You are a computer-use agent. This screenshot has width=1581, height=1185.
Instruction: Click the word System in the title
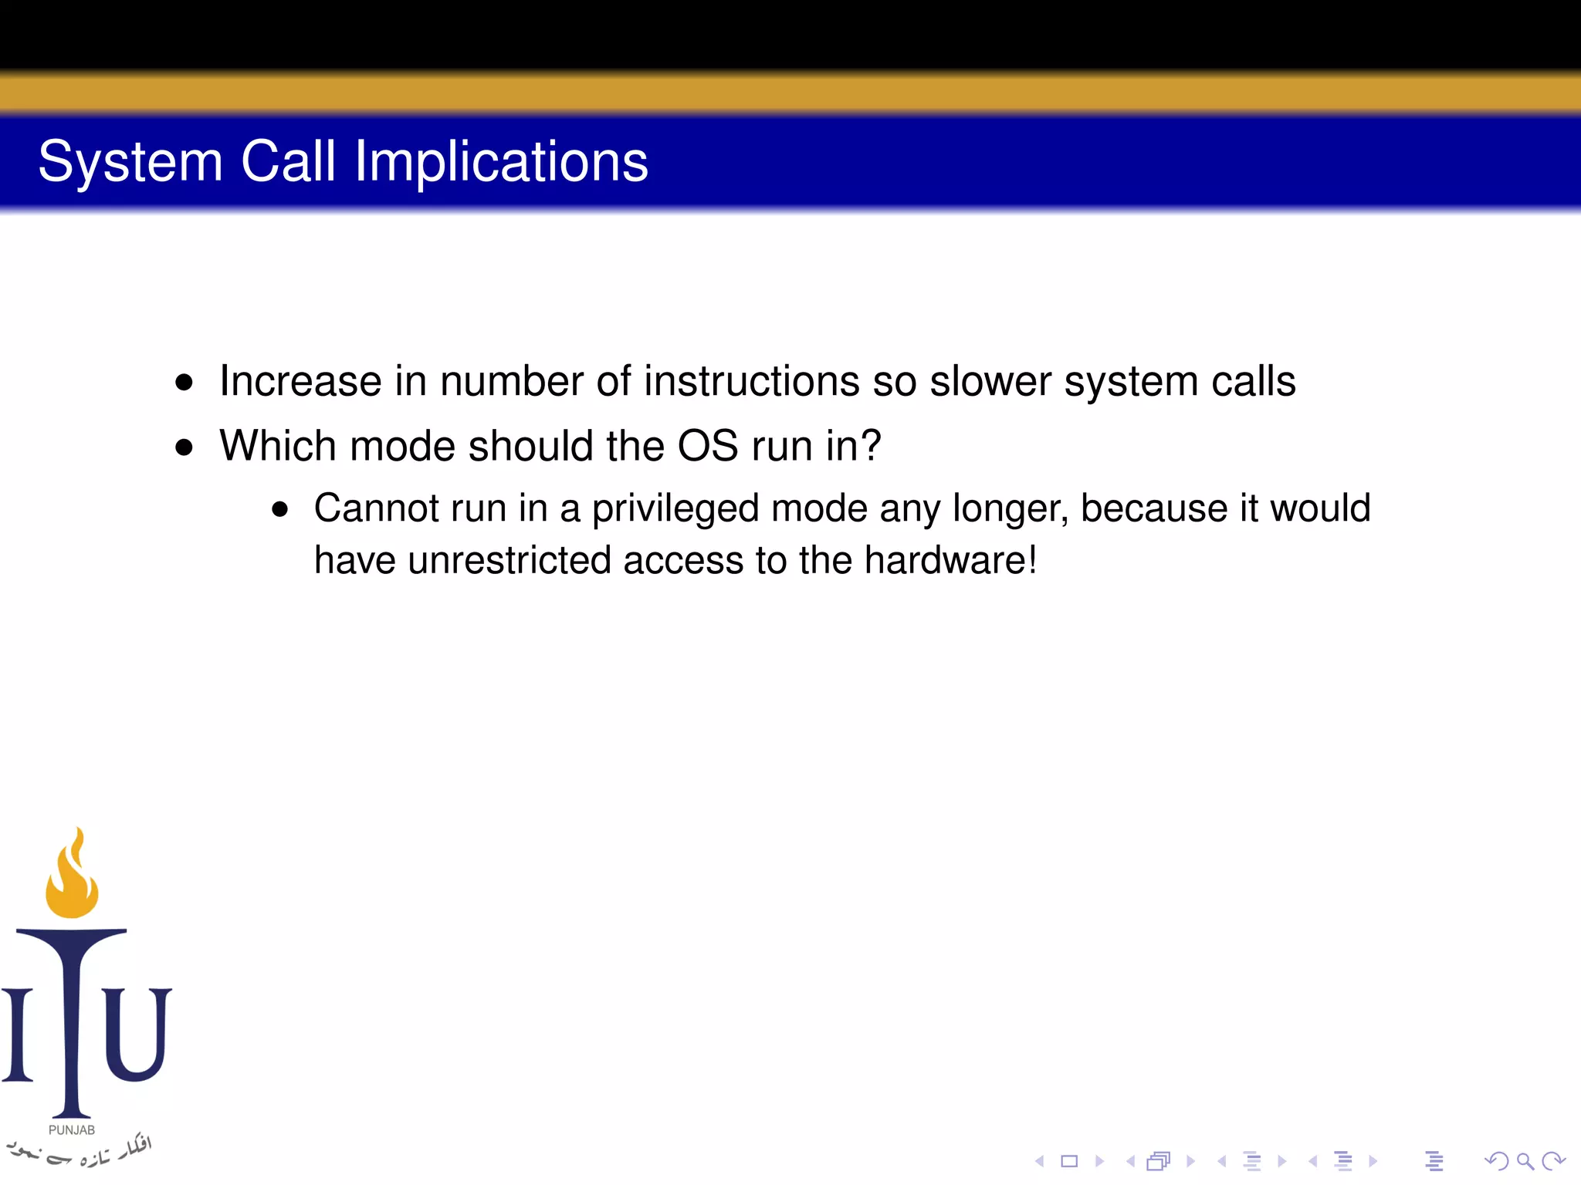130,162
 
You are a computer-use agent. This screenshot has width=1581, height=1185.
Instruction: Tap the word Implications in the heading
501,162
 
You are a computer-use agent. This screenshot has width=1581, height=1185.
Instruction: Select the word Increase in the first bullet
300,381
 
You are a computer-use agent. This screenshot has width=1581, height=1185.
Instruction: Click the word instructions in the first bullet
751,381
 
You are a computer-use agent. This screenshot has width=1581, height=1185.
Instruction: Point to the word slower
990,381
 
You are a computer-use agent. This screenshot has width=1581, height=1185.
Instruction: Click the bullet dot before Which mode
184,447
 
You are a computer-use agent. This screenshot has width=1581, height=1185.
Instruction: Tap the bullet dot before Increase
184,382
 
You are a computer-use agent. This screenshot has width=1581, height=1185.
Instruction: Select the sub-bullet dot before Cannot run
279,509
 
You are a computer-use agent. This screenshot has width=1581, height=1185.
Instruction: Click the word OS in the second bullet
707,446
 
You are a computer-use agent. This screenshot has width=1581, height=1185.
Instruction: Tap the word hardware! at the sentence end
950,560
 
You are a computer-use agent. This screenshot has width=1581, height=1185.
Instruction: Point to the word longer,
1011,509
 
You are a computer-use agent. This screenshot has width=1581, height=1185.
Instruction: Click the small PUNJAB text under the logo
72,1130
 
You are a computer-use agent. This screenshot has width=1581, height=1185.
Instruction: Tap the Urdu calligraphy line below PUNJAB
77,1152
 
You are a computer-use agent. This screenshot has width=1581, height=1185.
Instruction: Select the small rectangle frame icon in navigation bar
1069,1161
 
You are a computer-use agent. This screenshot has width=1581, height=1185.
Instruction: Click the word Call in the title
288,162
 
